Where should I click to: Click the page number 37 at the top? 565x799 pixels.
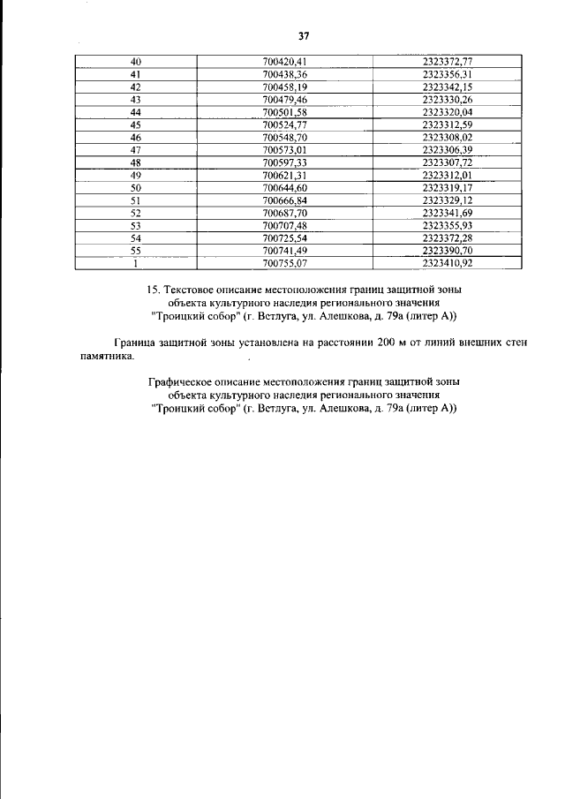tap(305, 36)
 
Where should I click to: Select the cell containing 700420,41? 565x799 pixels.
tap(283, 61)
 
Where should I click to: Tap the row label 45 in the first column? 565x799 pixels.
tap(136, 125)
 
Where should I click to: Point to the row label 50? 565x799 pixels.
tap(136, 189)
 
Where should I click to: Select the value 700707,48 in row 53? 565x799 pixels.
tap(283, 226)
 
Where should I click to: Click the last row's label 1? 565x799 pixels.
tap(136, 264)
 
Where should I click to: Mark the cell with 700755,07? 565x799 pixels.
tap(283, 264)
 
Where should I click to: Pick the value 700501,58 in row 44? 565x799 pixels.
tap(283, 113)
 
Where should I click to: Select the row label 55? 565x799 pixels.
tap(136, 252)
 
